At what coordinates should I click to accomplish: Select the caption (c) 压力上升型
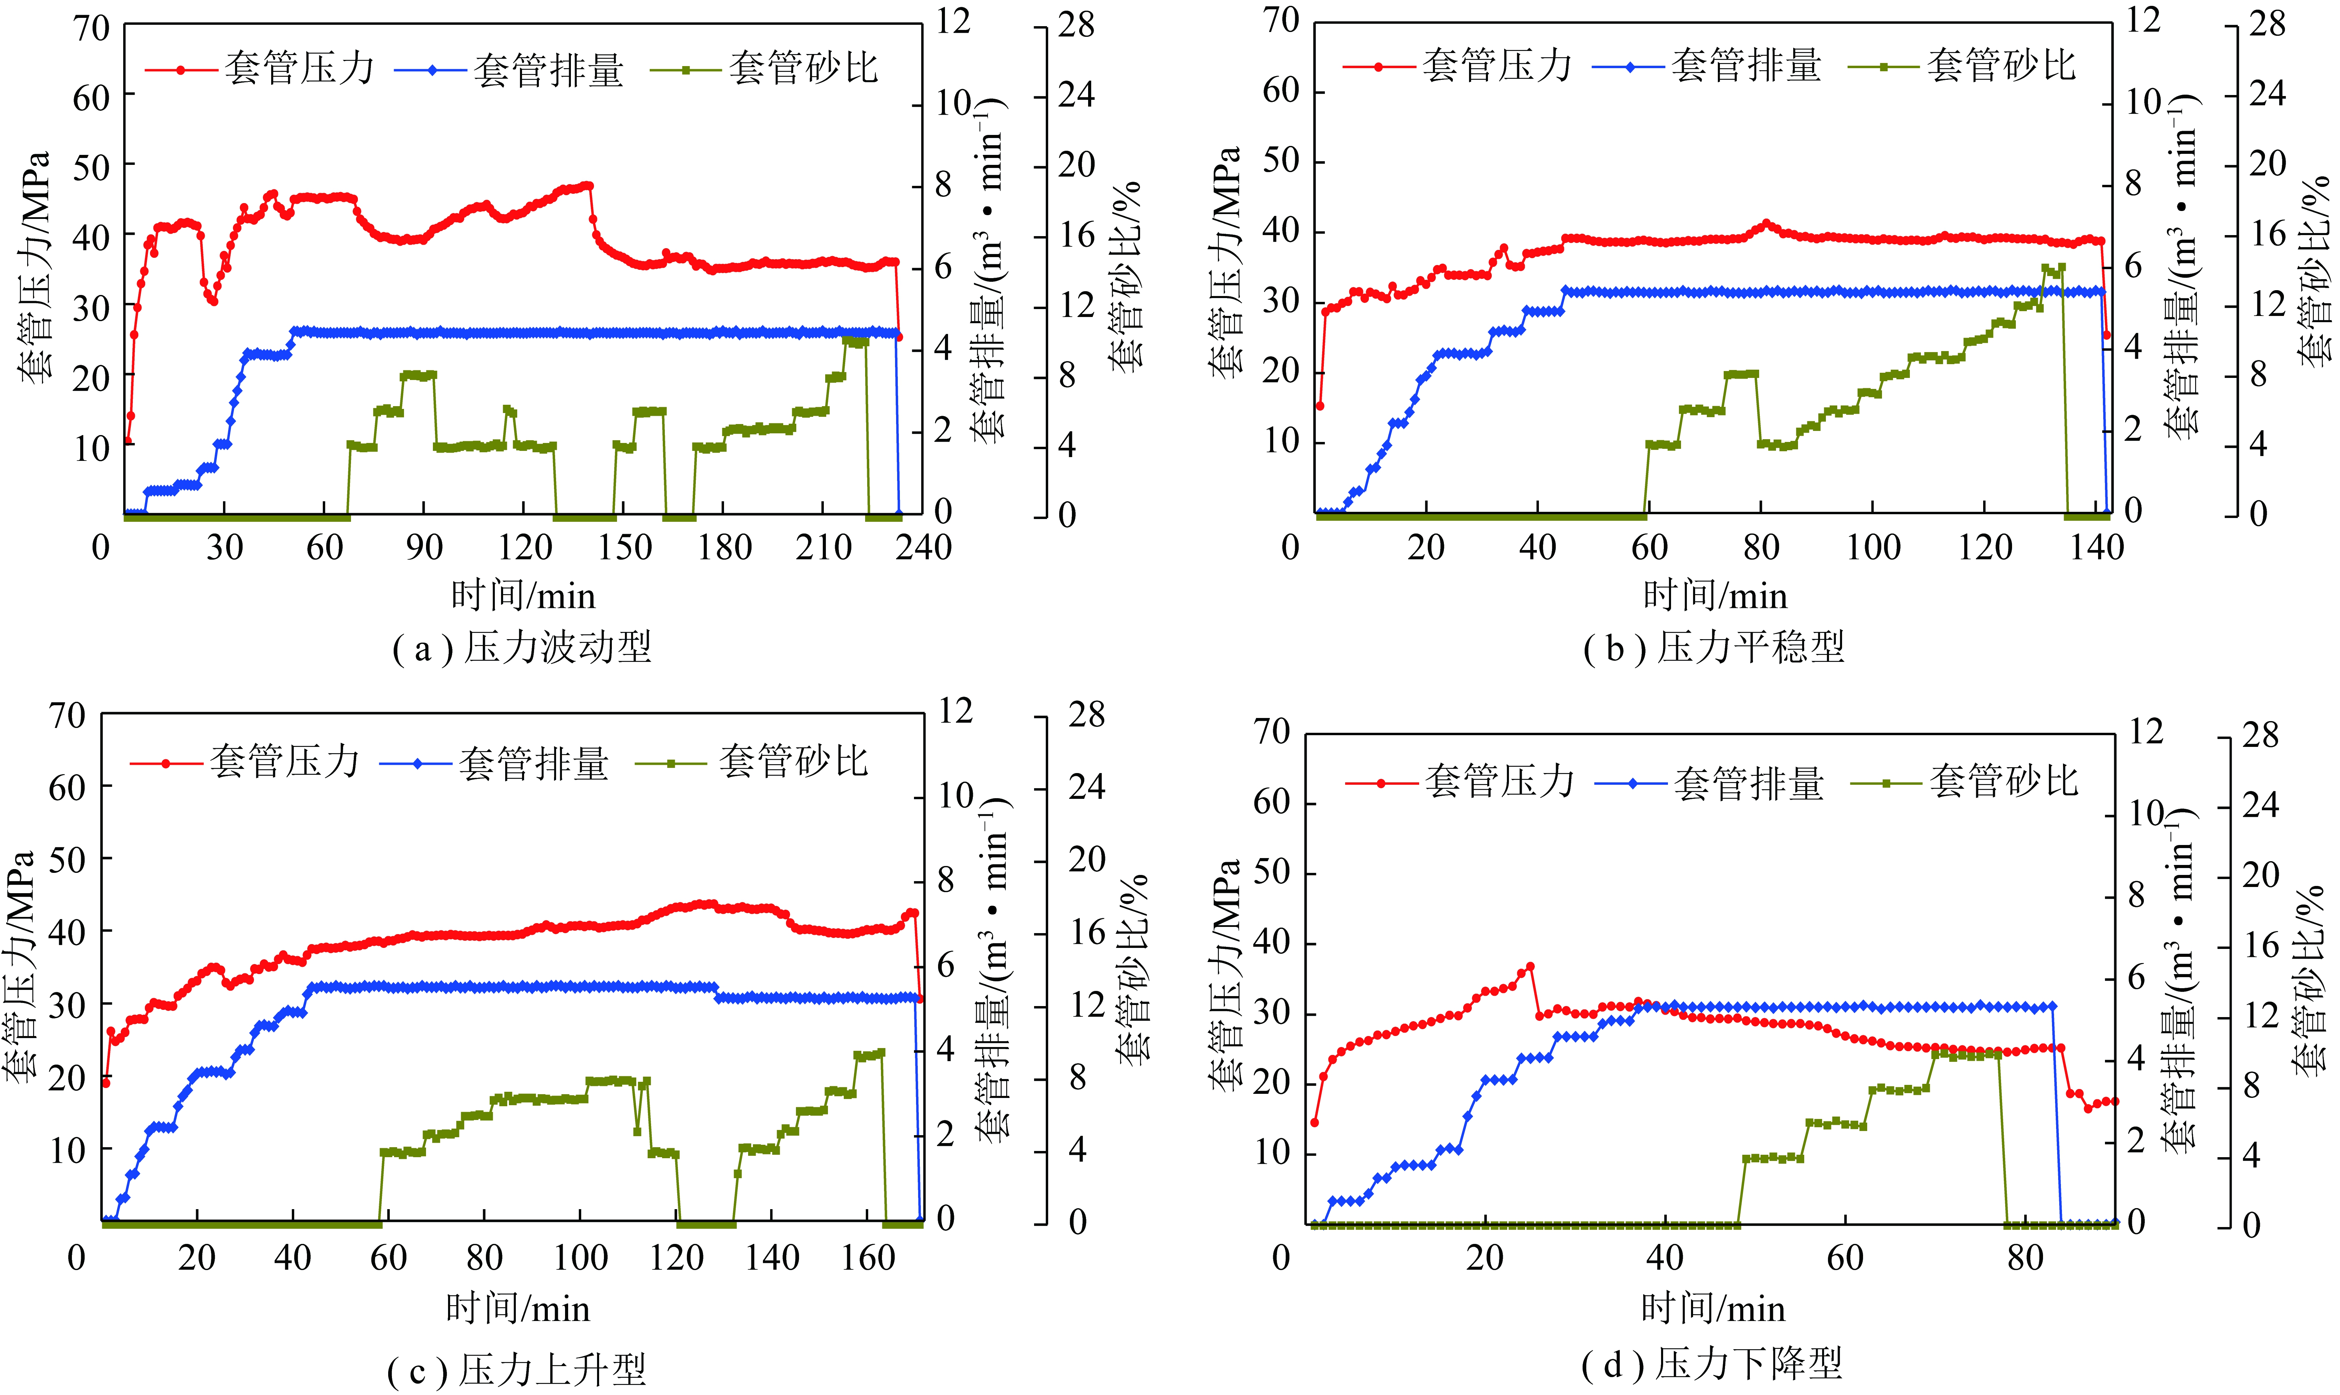pos(517,1371)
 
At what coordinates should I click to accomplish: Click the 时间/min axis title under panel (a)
pos(522,596)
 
